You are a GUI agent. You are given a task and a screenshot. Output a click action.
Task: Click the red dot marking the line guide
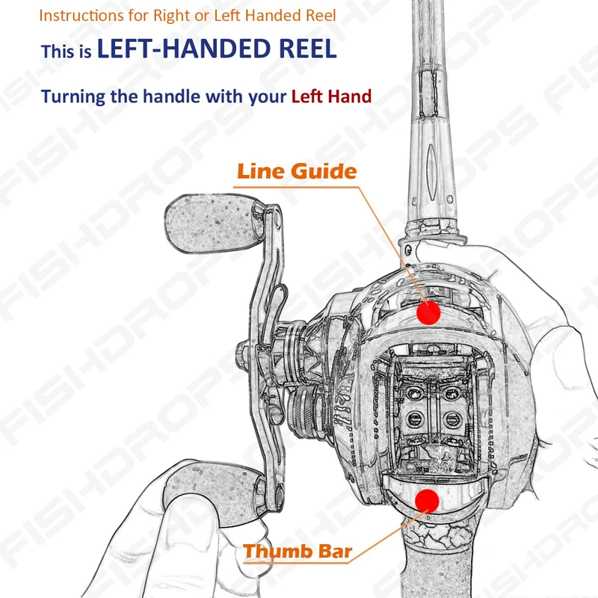click(x=428, y=312)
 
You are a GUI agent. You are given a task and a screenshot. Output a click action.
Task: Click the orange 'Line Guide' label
click(x=296, y=171)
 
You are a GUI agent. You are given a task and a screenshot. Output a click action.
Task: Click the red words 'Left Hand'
click(x=331, y=96)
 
